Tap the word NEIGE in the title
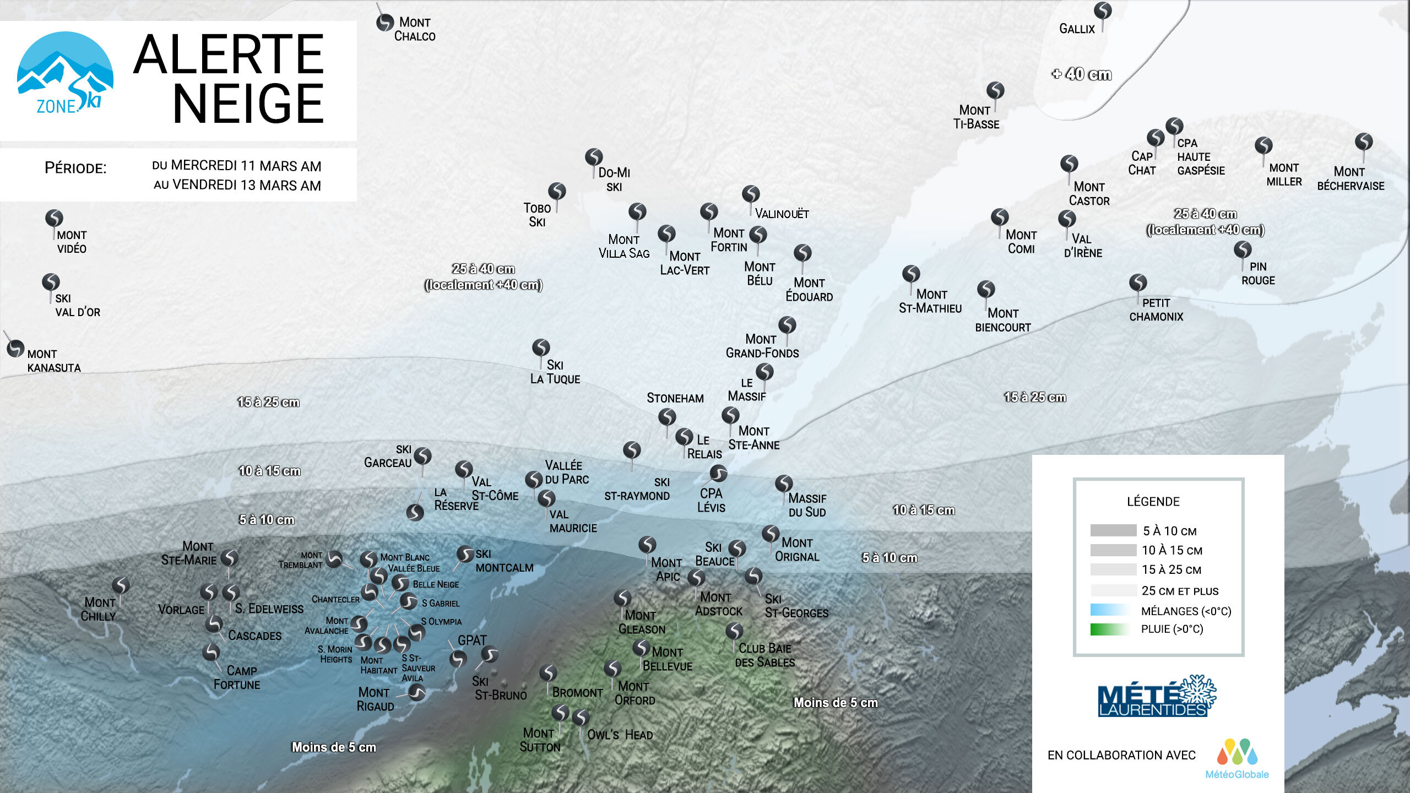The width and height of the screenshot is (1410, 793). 248,104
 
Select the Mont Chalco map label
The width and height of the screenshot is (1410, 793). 415,29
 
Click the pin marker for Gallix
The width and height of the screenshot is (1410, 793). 1103,10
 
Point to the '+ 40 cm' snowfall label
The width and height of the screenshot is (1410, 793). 1082,74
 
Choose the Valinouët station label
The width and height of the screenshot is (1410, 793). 782,214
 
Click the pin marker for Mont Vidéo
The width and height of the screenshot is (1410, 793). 54,218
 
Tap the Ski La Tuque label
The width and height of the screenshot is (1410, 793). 555,372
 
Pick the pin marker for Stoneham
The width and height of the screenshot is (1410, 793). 667,417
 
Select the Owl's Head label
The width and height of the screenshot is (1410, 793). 620,735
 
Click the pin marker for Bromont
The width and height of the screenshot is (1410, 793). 547,673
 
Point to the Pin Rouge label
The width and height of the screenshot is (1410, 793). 1258,274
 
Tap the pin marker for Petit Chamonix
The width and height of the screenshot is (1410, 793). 1138,283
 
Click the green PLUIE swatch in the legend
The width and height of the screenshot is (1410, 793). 1109,629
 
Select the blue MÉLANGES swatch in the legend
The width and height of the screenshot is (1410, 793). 1109,610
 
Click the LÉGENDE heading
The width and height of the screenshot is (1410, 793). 1153,502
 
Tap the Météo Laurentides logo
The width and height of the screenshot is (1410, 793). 1156,697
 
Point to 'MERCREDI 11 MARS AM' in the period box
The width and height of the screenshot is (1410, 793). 246,166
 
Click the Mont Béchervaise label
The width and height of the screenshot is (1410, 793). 1351,179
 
